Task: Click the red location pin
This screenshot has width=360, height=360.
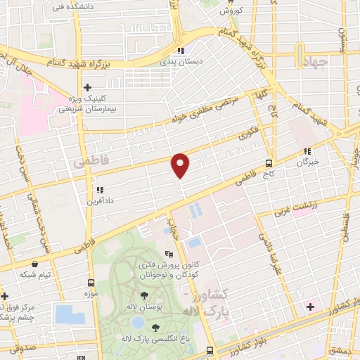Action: (x=181, y=165)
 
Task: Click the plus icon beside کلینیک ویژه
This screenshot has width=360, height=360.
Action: (x=87, y=88)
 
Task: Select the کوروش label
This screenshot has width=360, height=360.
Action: (x=230, y=11)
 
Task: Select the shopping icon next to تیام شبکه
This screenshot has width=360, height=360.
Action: (x=34, y=264)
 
